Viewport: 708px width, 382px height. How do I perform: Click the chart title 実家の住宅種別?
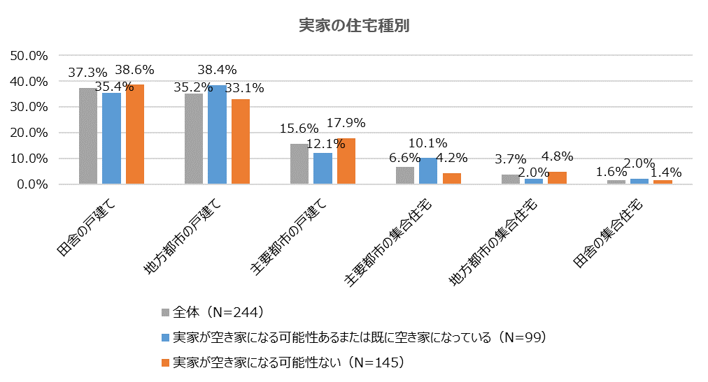(x=353, y=26)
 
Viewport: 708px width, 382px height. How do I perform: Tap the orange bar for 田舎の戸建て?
(x=134, y=135)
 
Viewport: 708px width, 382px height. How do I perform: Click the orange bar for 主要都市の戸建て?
(x=346, y=161)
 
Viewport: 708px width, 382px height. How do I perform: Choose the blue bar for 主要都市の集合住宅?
(x=428, y=171)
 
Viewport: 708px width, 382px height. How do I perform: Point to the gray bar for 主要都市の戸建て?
(x=299, y=164)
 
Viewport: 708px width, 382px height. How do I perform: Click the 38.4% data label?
(x=217, y=70)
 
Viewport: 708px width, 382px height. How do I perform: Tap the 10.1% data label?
(x=428, y=143)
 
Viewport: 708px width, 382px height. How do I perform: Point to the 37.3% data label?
(x=87, y=72)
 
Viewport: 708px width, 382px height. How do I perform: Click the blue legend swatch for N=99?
(x=166, y=337)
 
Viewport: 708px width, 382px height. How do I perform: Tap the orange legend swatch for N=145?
(x=166, y=362)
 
